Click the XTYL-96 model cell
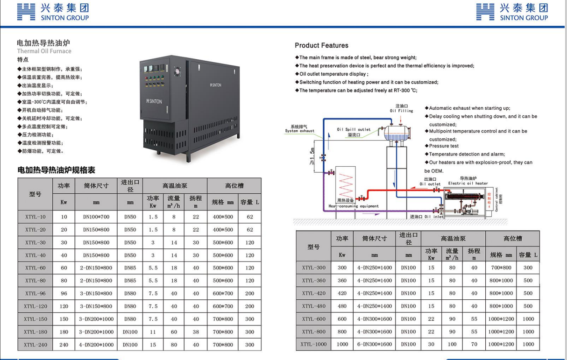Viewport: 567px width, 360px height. (x=35, y=294)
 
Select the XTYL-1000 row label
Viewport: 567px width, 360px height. (x=313, y=344)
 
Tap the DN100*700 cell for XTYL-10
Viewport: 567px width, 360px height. (x=96, y=217)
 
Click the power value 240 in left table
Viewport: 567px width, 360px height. (x=64, y=345)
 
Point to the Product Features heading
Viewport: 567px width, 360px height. (x=321, y=45)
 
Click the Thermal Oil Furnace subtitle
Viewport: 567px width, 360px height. (x=44, y=51)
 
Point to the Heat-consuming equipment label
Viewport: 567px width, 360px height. (x=354, y=206)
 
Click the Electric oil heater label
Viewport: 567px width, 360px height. (x=468, y=184)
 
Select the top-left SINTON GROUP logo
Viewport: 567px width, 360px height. (x=53, y=12)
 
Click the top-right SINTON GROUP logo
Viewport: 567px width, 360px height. (x=512, y=12)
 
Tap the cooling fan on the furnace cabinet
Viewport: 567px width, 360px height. (x=177, y=71)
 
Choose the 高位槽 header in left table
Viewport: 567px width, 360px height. (x=234, y=185)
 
